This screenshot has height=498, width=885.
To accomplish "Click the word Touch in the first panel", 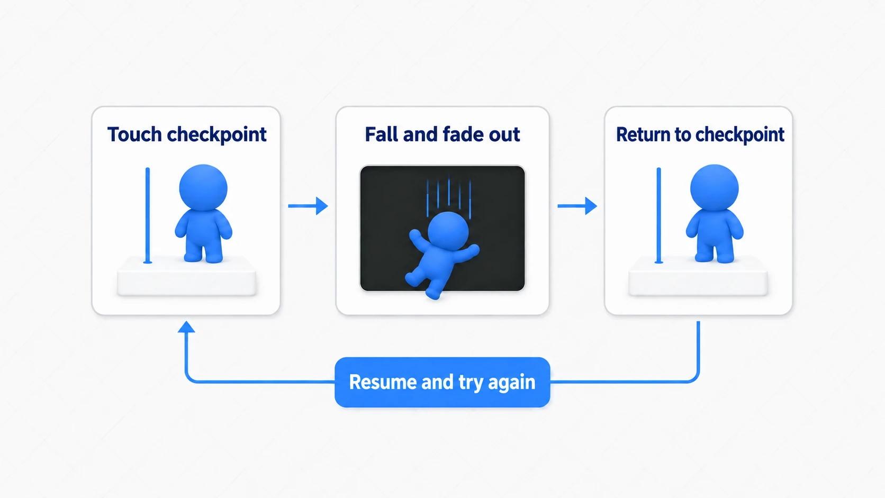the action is pyautogui.click(x=134, y=134).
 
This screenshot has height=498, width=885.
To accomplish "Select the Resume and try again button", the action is pyautogui.click(x=442, y=382).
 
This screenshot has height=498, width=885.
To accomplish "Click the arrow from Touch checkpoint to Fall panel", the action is pyautogui.click(x=308, y=206).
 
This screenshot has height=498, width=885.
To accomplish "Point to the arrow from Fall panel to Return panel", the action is pyautogui.click(x=577, y=206).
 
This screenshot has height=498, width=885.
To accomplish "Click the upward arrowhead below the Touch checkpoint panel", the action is pyautogui.click(x=186, y=327).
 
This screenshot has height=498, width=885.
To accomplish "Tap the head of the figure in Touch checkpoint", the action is pyautogui.click(x=203, y=187).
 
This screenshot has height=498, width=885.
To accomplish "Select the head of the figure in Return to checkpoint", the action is pyautogui.click(x=715, y=187).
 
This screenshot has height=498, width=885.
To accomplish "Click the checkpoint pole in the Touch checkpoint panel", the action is pyautogui.click(x=147, y=215).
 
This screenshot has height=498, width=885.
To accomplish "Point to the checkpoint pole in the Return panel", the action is pyautogui.click(x=658, y=215).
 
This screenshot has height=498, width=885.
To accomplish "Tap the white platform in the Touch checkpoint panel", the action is pyautogui.click(x=186, y=276).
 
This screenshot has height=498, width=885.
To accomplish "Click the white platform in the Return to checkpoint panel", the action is pyautogui.click(x=698, y=276).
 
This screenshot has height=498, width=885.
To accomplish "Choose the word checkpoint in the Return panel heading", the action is pyautogui.click(x=739, y=134).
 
